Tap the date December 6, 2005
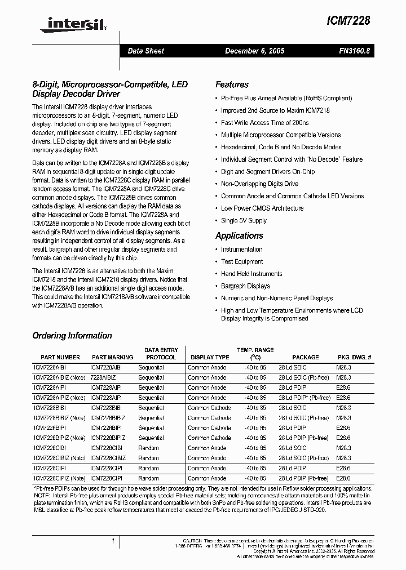point(255,51)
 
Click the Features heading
point(232,84)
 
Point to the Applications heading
point(239,235)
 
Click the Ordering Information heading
point(72,336)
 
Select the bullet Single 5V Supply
point(244,221)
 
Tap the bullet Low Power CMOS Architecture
point(262,208)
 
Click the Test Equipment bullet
point(241,262)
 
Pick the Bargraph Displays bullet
point(245,286)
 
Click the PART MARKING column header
point(113,357)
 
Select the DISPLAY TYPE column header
point(210,357)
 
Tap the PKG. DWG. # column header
point(354,357)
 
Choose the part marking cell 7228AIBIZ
point(103,377)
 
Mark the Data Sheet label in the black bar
point(145,51)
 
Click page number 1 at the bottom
point(113,542)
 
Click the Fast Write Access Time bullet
point(264,123)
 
